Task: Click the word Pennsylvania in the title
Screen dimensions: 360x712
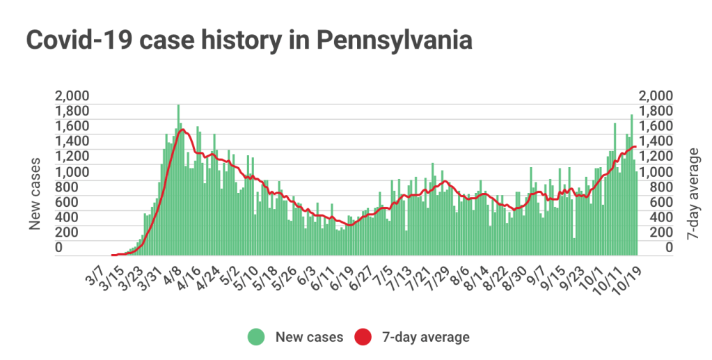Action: [394, 40]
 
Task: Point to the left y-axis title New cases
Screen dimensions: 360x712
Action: [35, 193]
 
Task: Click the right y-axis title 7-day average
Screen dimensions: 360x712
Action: [693, 195]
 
